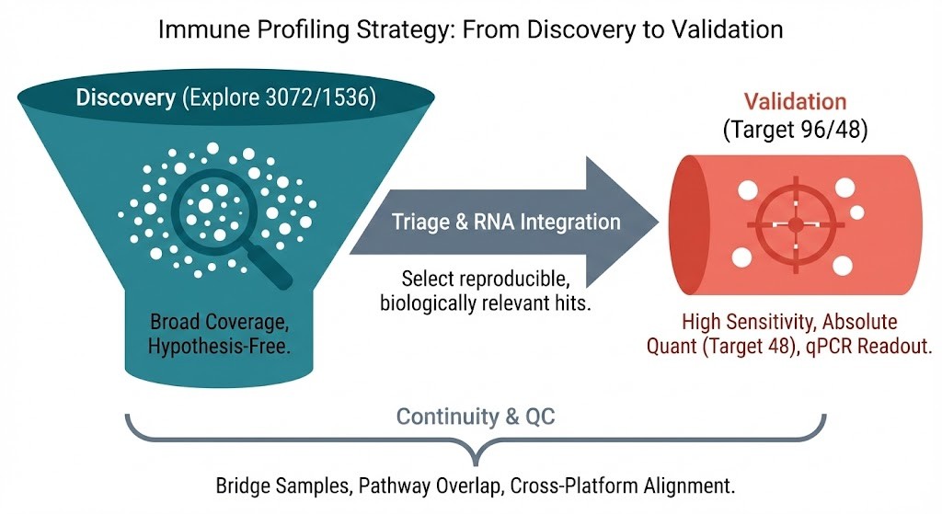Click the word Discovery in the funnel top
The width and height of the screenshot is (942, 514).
125,97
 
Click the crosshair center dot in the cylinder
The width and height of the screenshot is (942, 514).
796,223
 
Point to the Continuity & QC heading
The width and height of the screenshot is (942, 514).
475,417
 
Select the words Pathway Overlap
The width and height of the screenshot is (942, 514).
436,484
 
